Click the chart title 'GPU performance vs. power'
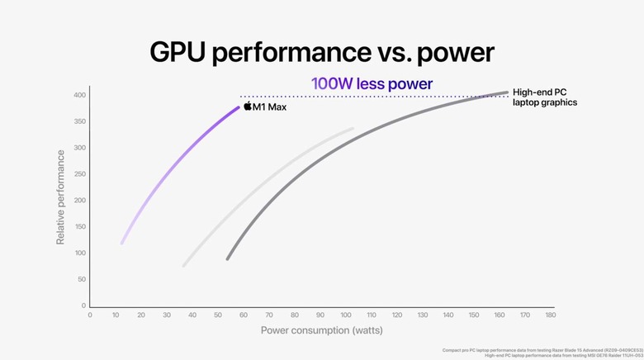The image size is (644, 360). point(322,52)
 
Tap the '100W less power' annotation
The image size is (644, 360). point(372,83)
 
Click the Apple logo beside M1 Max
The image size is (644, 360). point(247,107)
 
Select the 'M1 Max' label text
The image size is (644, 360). point(269,107)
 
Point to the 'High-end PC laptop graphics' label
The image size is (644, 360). point(544,97)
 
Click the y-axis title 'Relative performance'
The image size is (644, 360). point(60,197)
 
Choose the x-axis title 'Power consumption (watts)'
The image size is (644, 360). point(321,330)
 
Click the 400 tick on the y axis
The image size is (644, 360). point(79,96)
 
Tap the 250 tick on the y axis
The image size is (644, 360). point(79,174)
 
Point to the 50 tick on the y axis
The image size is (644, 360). point(81,279)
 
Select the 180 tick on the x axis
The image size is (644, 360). point(550,315)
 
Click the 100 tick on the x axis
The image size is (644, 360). point(346,315)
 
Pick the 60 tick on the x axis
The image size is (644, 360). point(244,315)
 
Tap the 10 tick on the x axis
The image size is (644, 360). point(116,315)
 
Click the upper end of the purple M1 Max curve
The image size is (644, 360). point(239,107)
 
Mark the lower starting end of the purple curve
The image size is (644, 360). point(122,243)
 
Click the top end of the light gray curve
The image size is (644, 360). point(353,128)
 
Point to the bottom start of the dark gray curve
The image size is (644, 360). point(227,258)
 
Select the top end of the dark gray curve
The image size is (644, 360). point(507,92)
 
